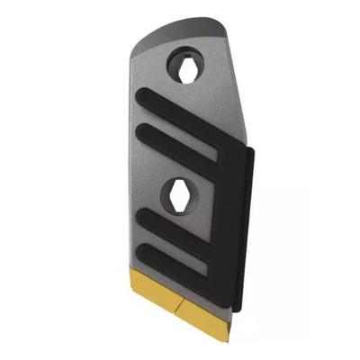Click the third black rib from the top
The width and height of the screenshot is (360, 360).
tap(176, 230)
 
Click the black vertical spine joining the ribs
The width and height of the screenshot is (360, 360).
tap(237, 216)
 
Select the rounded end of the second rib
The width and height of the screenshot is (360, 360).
tap(140, 128)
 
